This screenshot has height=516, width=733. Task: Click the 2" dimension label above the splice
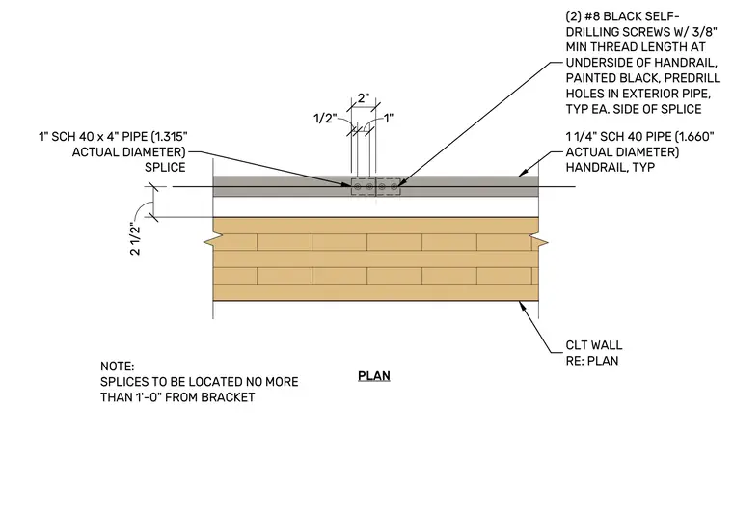pyautogui.click(x=364, y=98)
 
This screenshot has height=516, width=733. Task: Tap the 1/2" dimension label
pyautogui.click(x=325, y=119)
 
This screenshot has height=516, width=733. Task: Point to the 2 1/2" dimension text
pyautogui.click(x=135, y=239)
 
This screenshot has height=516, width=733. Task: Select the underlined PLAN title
pyautogui.click(x=374, y=376)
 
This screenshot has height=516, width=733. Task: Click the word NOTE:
pyautogui.click(x=117, y=366)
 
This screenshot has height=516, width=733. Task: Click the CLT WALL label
pyautogui.click(x=594, y=345)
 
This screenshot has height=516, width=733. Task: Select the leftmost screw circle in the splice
pyautogui.click(x=358, y=187)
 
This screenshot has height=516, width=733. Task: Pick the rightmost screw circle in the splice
pyautogui.click(x=394, y=187)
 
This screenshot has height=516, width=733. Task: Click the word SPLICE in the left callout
pyautogui.click(x=165, y=167)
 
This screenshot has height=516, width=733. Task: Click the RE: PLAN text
pyautogui.click(x=592, y=361)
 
